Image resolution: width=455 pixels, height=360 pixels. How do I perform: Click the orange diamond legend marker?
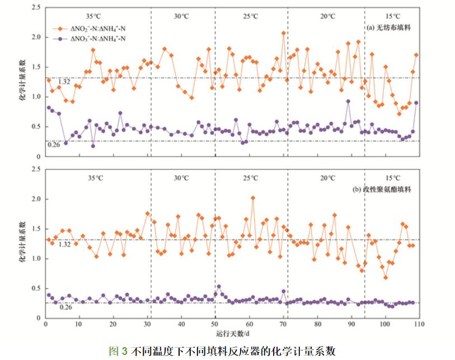click(x=60, y=27)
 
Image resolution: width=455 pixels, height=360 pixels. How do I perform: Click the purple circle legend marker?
click(x=60, y=38)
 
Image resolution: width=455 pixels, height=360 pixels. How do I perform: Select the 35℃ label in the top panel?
click(x=96, y=16)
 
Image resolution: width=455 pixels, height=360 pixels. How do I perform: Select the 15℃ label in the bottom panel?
click(x=392, y=178)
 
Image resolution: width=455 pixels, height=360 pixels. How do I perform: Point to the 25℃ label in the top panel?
click(x=250, y=16)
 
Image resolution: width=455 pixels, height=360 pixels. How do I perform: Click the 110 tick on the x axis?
click(x=419, y=324)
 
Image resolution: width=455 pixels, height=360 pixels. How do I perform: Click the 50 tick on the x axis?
click(x=215, y=324)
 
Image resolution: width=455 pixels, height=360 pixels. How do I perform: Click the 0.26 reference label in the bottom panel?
click(x=66, y=307)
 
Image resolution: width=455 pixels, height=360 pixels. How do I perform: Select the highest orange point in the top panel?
click(x=284, y=33)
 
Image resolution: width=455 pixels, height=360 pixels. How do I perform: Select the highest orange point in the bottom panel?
click(x=253, y=198)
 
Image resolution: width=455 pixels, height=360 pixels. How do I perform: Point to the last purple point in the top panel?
click(x=416, y=103)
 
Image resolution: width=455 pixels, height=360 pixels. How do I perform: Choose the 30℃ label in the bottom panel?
click(x=180, y=178)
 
